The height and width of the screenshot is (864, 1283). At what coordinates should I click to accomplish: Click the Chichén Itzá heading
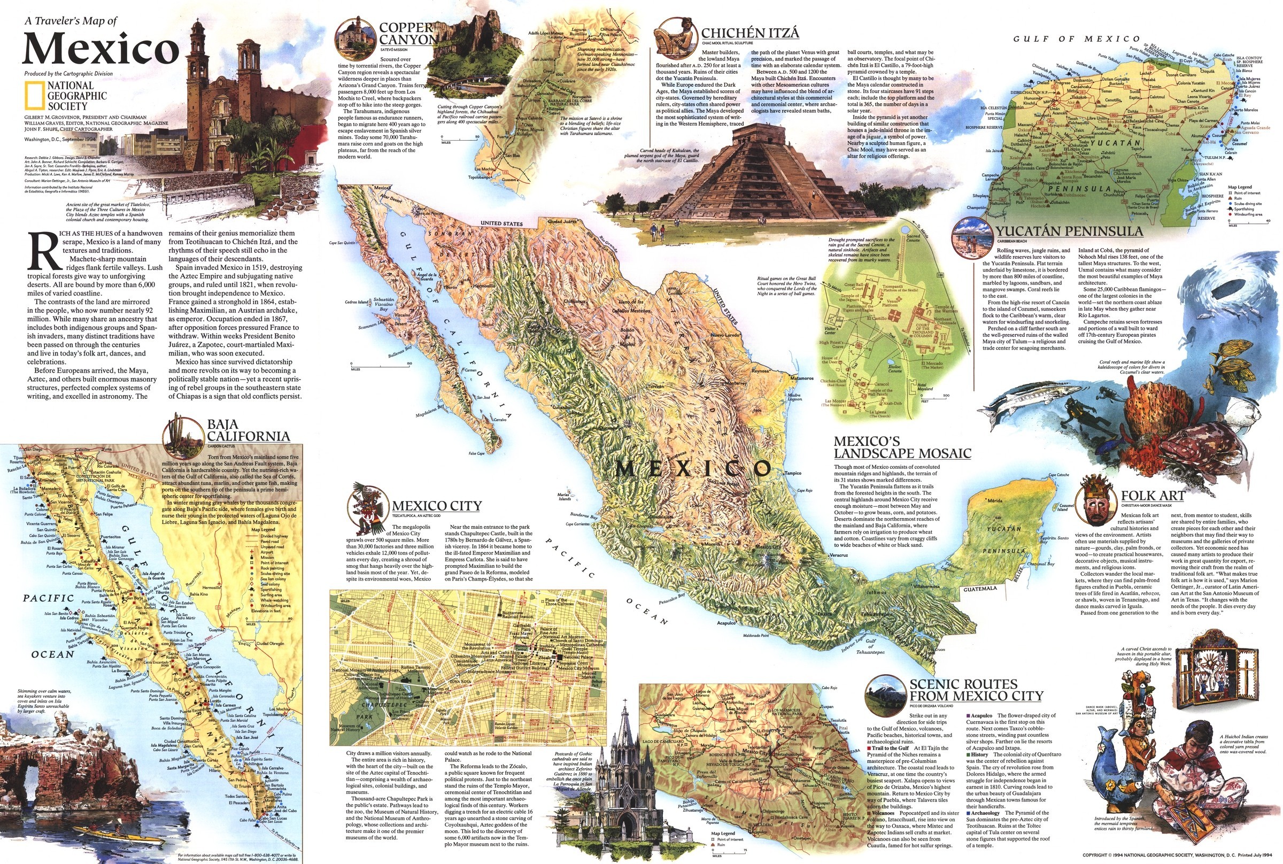pyautogui.click(x=749, y=33)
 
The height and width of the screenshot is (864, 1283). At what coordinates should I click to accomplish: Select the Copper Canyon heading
pyautogui.click(x=406, y=34)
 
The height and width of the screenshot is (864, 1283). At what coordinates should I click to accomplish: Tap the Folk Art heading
pyautogui.click(x=1153, y=496)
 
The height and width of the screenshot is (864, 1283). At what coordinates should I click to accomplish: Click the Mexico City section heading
pyautogui.click(x=436, y=506)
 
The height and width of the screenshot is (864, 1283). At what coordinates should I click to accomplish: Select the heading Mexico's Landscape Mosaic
pyautogui.click(x=902, y=448)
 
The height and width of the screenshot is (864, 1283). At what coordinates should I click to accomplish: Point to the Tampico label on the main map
pyautogui.click(x=793, y=473)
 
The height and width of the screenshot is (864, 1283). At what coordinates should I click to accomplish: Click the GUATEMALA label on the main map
pyautogui.click(x=980, y=589)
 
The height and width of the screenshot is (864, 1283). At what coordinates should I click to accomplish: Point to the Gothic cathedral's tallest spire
pyautogui.click(x=626, y=716)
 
